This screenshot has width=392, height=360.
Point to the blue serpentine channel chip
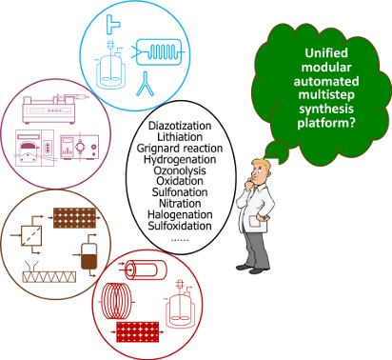coord(165,52)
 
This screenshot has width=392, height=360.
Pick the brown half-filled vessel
coord(91,254)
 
